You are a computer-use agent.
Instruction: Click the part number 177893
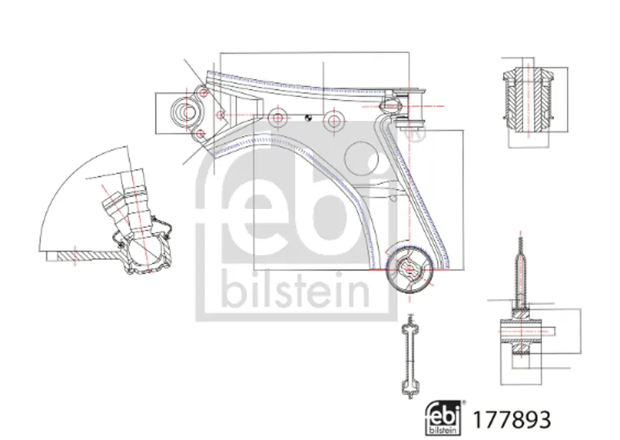[x=511, y=419]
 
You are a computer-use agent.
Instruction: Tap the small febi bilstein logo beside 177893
[x=443, y=418]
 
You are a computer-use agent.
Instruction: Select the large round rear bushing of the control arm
[x=409, y=270]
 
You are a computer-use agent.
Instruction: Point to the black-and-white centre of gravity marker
[x=308, y=118]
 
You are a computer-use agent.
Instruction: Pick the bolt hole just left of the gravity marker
[x=278, y=118]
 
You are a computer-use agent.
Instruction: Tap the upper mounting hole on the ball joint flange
[x=204, y=93]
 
